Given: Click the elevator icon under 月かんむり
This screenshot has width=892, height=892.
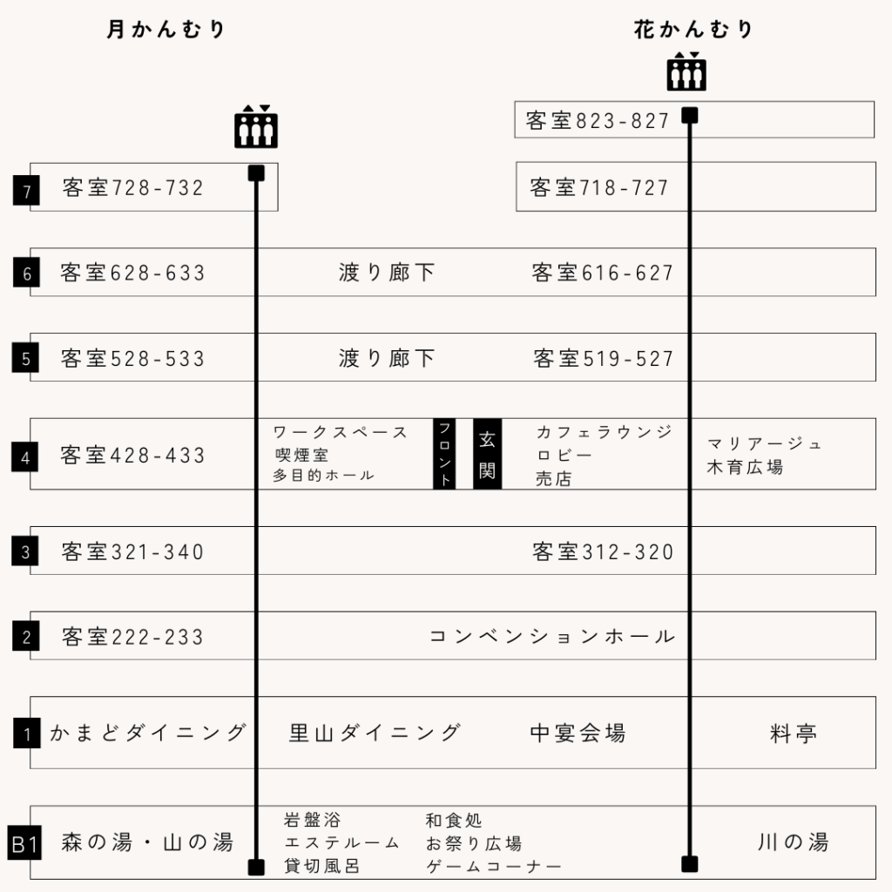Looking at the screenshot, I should (x=256, y=127).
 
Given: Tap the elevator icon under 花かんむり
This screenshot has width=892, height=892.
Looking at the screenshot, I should (x=686, y=72).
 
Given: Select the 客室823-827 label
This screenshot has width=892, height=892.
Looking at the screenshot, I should (x=598, y=121).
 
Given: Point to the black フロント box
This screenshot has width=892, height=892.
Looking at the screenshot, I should (x=444, y=454).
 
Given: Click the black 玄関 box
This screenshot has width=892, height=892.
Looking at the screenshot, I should (x=487, y=454).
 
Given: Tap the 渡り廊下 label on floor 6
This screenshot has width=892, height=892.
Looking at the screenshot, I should (x=386, y=273).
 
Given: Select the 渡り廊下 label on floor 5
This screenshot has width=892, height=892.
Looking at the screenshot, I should (x=386, y=358).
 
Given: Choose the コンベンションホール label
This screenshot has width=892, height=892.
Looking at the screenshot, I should (x=552, y=637).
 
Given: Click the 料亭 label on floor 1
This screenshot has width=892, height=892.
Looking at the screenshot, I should (x=794, y=733).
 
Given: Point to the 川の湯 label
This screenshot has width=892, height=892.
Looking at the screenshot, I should (x=793, y=842).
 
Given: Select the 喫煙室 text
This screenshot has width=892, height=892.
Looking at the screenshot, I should (x=301, y=455).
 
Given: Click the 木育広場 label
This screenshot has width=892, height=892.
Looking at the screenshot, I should (x=745, y=467).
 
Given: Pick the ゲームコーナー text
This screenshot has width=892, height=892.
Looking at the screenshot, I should (x=494, y=867).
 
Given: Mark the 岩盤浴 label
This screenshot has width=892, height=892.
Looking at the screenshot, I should (x=313, y=821).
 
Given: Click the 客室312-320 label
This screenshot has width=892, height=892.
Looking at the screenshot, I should (x=604, y=551).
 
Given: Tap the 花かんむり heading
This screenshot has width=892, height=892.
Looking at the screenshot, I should (x=693, y=30).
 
